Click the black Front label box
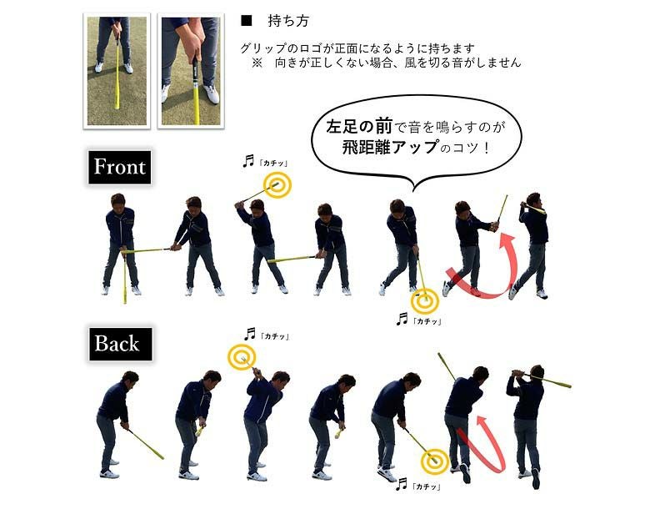[119, 167]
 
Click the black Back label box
[120, 344]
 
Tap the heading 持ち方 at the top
[288, 21]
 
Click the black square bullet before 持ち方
[246, 21]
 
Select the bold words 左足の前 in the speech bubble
[359, 127]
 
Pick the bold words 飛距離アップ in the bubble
[390, 147]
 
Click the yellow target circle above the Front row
[277, 184]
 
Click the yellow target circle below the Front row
[425, 301]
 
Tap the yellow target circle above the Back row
[242, 356]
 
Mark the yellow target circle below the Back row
[435, 461]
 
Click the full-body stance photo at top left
[117, 71]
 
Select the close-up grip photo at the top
[191, 71]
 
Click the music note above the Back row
[249, 334]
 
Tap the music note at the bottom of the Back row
[402, 484]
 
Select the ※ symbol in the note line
[257, 63]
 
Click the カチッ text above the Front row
[273, 164]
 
